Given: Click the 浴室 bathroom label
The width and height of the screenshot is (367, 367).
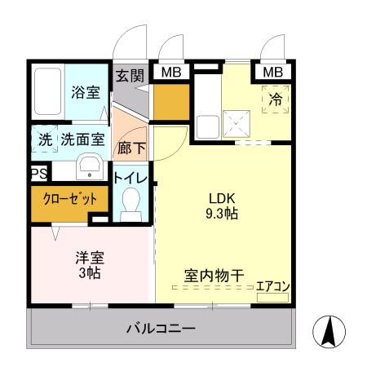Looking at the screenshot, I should point(86,92).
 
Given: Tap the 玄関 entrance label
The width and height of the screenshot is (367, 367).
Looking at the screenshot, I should point(129,76).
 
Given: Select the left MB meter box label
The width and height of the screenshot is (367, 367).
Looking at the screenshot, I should point(170,72).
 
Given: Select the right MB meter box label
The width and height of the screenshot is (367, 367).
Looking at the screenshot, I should point(273,72).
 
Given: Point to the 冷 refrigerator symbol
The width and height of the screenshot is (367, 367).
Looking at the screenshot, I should point(276,100).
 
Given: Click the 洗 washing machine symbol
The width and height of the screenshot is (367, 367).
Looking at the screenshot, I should point(44,139).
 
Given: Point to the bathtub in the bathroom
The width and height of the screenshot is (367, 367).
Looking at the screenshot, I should point(47,91).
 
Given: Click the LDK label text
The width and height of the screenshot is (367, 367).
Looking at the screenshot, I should point(220,198).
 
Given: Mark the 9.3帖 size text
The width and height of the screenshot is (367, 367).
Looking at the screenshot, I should point(221,214).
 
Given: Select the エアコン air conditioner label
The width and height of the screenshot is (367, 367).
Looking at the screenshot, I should point(272,286).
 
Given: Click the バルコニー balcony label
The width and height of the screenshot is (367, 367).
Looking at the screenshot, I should point(160,329).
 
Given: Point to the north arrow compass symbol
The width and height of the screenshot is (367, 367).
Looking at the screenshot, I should point(329,331).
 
